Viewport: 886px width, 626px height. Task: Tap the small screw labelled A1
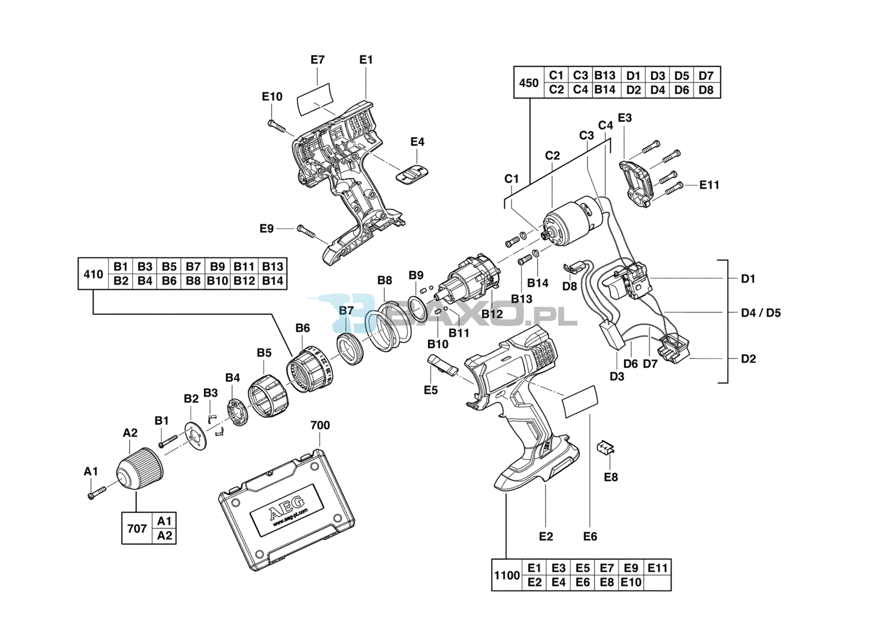point(96,492)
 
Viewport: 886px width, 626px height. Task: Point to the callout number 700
point(320,425)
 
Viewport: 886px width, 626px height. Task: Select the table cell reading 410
point(93,274)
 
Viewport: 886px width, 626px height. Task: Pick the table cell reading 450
point(528,82)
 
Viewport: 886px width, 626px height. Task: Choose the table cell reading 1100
point(507,575)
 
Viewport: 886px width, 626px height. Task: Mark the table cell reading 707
point(137,528)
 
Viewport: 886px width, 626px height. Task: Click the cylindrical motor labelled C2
point(570,222)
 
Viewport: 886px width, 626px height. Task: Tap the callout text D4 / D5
point(760,313)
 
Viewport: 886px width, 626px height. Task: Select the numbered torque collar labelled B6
point(308,370)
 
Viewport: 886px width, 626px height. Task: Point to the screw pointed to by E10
point(279,126)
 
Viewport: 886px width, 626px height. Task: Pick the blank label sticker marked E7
point(315,100)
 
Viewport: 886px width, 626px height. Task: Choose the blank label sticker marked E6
point(580,402)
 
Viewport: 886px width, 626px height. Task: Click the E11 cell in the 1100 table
point(658,568)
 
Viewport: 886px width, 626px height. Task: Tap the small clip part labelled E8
point(606,447)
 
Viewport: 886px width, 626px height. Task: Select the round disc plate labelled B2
point(195,436)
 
